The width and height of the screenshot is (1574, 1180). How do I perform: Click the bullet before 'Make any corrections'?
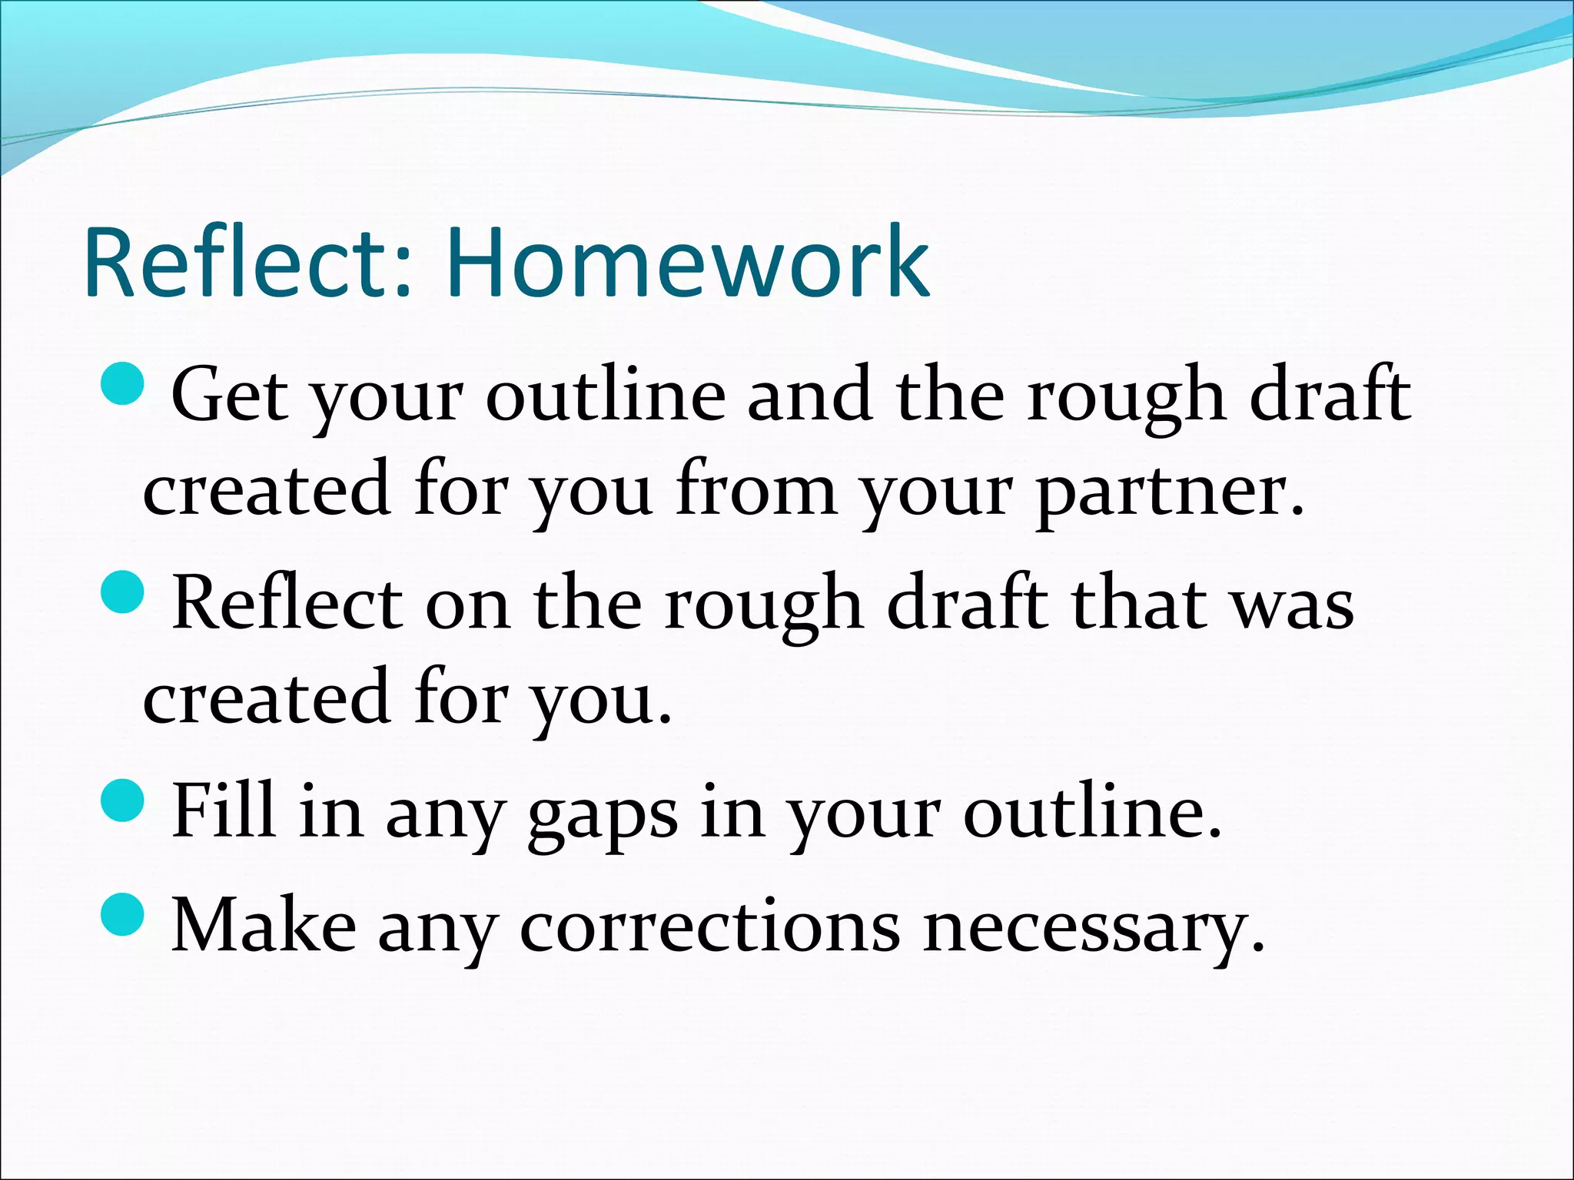(x=122, y=915)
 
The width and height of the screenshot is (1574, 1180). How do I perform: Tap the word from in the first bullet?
(x=755, y=490)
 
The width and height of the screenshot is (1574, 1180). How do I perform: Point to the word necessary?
(x=1093, y=928)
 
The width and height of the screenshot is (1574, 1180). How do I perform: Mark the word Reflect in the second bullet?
(x=287, y=603)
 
